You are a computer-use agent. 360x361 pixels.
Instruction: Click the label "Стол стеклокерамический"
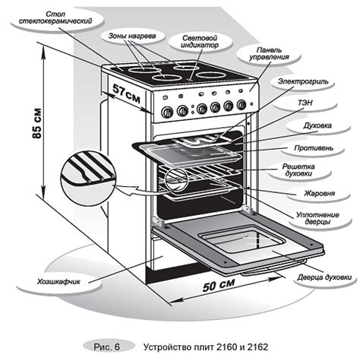[55, 17]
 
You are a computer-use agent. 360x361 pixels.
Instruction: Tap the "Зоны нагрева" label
[132, 36]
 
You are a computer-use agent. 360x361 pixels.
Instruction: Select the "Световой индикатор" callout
[200, 42]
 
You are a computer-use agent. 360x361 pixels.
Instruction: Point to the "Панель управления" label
[269, 54]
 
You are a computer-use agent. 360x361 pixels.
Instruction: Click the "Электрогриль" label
[303, 81]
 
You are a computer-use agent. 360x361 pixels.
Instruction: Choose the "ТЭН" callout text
[305, 103]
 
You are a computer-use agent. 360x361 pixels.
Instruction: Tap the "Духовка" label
[317, 125]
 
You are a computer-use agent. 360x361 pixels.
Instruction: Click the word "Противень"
[314, 148]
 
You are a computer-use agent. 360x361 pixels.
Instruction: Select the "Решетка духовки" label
[298, 170]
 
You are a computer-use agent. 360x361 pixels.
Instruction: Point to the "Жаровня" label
[319, 194]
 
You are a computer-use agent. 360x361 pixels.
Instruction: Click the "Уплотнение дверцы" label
[317, 218]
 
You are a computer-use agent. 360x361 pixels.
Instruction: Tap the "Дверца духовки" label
[324, 277]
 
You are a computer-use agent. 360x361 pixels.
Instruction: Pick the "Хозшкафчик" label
[58, 282]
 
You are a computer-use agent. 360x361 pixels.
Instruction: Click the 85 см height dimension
[37, 123]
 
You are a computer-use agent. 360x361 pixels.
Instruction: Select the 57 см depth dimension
[126, 93]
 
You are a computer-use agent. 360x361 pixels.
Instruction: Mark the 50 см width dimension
[219, 285]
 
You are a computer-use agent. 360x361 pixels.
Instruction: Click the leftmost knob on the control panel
[167, 112]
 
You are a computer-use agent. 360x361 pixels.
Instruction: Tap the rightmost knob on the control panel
[242, 104]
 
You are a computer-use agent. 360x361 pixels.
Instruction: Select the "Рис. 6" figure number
[106, 347]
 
